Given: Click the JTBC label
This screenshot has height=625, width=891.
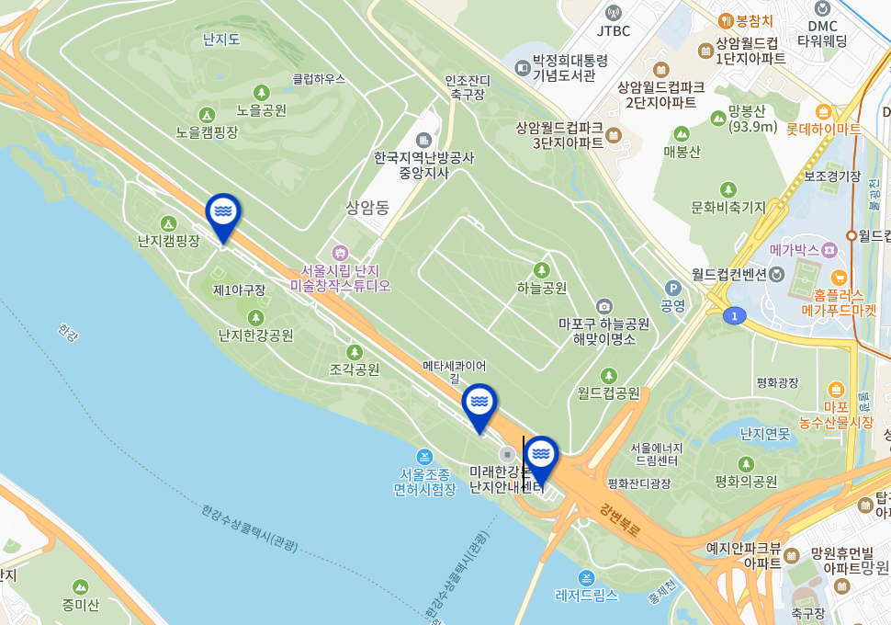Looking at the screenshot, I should pyautogui.click(x=614, y=30).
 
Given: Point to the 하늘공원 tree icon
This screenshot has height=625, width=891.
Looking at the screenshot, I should pyautogui.click(x=542, y=269).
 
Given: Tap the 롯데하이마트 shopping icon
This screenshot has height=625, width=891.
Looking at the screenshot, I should pyautogui.click(x=822, y=112).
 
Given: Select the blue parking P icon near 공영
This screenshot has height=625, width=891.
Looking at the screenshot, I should pyautogui.click(x=673, y=287).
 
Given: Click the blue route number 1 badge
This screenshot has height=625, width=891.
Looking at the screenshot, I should pyautogui.click(x=734, y=316).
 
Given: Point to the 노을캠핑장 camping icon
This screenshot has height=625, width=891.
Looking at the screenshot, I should pyautogui.click(x=208, y=115).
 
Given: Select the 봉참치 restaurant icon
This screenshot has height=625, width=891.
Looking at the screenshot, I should pyautogui.click(x=726, y=20).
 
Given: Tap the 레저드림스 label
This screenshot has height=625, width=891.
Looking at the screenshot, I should pyautogui.click(x=587, y=595).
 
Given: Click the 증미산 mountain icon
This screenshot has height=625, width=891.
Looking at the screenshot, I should pyautogui.click(x=81, y=586).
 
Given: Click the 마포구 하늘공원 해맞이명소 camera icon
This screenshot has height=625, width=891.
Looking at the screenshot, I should pyautogui.click(x=603, y=306).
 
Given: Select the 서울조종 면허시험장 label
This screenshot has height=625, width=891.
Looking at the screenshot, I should pyautogui.click(x=424, y=482).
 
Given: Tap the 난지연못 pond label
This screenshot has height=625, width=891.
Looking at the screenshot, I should pyautogui.click(x=764, y=433).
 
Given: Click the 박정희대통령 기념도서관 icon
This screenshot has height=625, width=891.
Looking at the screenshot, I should pyautogui.click(x=523, y=67).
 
